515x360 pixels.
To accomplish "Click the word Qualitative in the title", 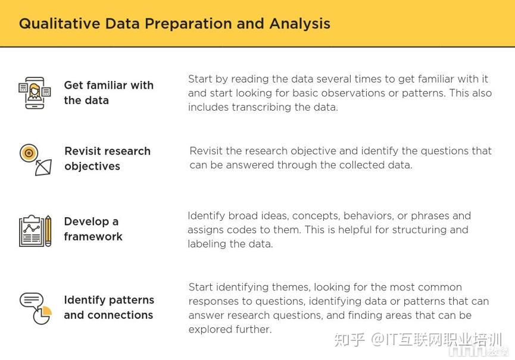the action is click(60, 24).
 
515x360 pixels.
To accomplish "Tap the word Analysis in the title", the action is click(300, 24).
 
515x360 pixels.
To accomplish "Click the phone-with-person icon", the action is click(35, 93).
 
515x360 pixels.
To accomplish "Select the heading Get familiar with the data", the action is click(109, 93).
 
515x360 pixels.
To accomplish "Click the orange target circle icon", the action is click(29, 153).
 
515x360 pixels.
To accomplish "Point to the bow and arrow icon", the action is click(43, 167).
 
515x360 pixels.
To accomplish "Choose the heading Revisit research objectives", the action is click(107, 158).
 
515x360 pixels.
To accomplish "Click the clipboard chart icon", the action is click(31, 231).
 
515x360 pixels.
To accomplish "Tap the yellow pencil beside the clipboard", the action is click(48, 231).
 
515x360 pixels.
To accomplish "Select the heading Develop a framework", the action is click(93, 228).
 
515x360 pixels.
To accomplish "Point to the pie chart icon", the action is click(42, 315).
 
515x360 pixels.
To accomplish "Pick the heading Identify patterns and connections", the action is click(109, 307).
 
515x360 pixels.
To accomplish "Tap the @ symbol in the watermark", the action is click(377, 339).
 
